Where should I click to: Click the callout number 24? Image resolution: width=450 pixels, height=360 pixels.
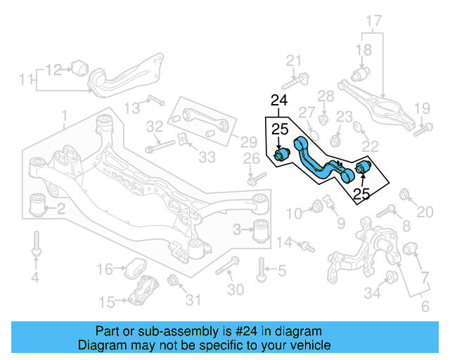click(x=279, y=101)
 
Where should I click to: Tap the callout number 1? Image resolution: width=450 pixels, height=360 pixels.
click(x=64, y=115)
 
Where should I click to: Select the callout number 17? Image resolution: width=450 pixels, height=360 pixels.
click(x=373, y=21)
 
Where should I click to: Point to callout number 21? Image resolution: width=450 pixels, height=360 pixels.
click(x=293, y=60)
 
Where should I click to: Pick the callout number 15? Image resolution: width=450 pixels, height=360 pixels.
click(x=106, y=302)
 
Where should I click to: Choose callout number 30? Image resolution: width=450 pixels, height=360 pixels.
click(x=236, y=290)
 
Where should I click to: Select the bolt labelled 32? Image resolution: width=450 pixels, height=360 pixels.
click(x=161, y=148)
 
